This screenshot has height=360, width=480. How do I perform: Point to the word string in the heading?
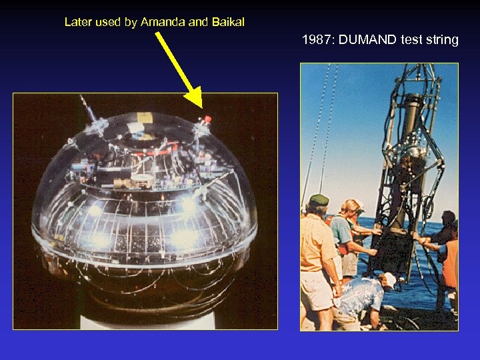(441, 40)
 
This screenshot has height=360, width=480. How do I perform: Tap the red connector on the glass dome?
(207, 120)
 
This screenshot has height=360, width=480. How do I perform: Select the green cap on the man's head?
(319, 200)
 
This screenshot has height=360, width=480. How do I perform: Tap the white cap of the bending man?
(389, 279)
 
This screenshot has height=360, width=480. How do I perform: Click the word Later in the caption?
(78, 22)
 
